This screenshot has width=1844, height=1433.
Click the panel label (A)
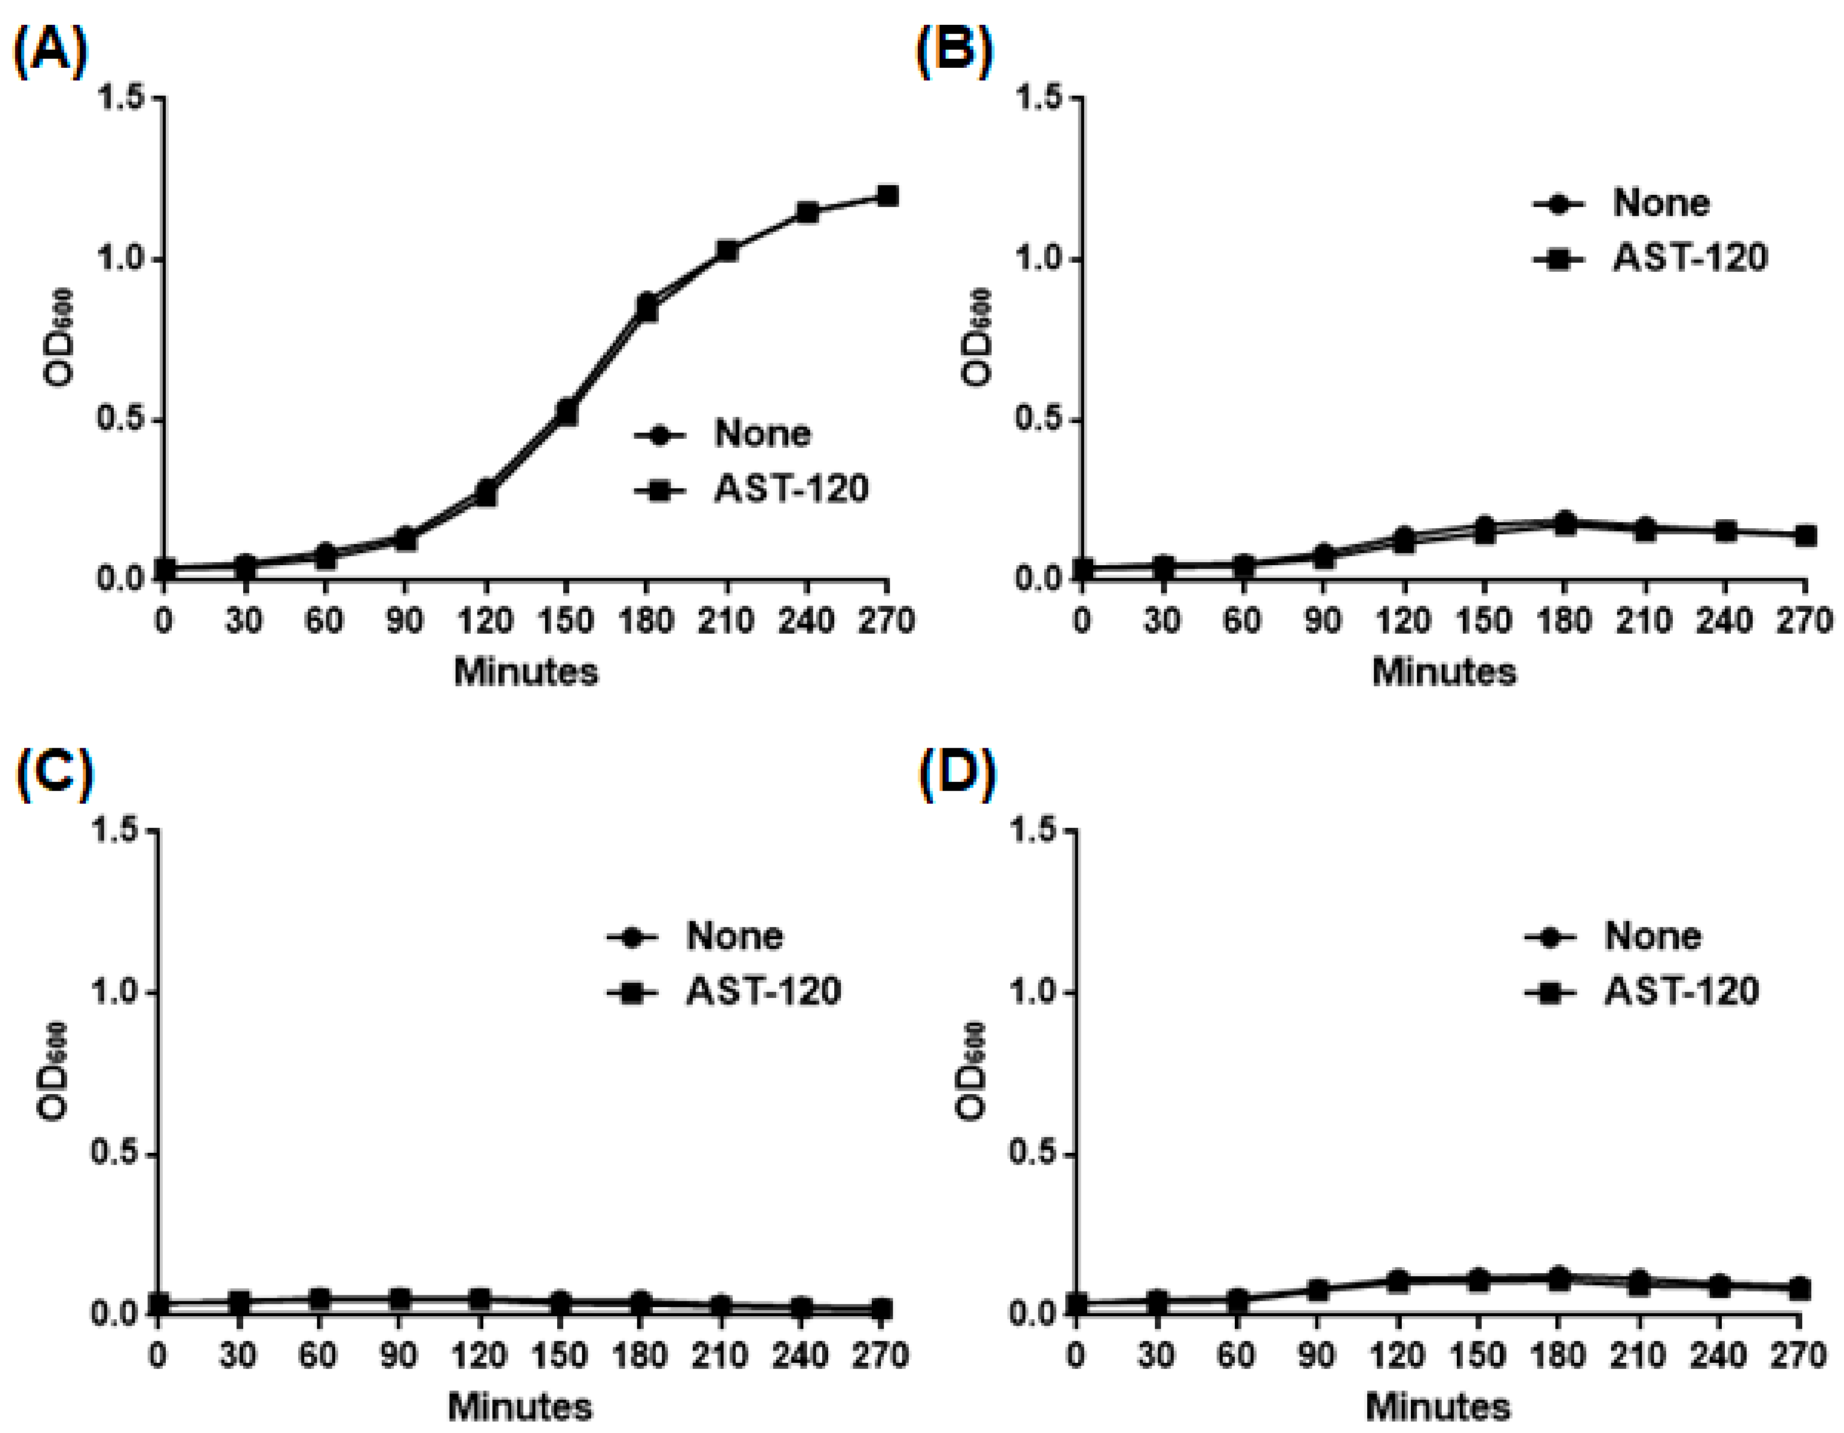click(50, 53)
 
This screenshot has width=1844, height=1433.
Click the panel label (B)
click(954, 53)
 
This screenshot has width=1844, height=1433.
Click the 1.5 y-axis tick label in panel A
click(122, 98)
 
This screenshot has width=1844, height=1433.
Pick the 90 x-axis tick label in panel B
click(1323, 622)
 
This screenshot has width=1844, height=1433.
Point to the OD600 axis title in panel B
click(977, 338)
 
